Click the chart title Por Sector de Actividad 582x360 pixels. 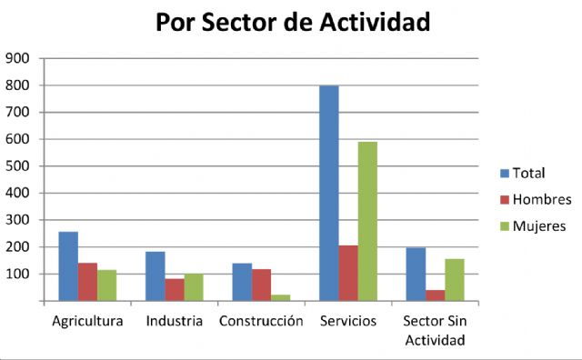pos(292,23)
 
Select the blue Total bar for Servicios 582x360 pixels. pos(328,193)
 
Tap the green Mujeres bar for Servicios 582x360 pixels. pos(366,221)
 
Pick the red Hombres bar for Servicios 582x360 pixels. pos(347,273)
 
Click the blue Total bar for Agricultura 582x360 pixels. pos(68,266)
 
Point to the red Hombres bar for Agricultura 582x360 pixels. pos(87,282)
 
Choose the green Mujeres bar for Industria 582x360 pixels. pos(193,287)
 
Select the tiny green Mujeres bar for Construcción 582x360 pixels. pos(280,297)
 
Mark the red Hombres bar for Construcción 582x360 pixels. pos(261,285)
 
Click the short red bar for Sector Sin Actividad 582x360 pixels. pos(435,295)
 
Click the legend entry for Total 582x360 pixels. pos(522,173)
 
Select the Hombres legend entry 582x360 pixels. pos(533,199)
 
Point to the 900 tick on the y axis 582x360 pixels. pos(19,58)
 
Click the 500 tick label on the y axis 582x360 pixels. pos(19,166)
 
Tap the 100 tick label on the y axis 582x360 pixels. pos(19,274)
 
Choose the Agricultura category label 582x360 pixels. pos(87,322)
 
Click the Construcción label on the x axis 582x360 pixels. pos(261,322)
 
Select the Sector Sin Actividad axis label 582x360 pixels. pos(435,331)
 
